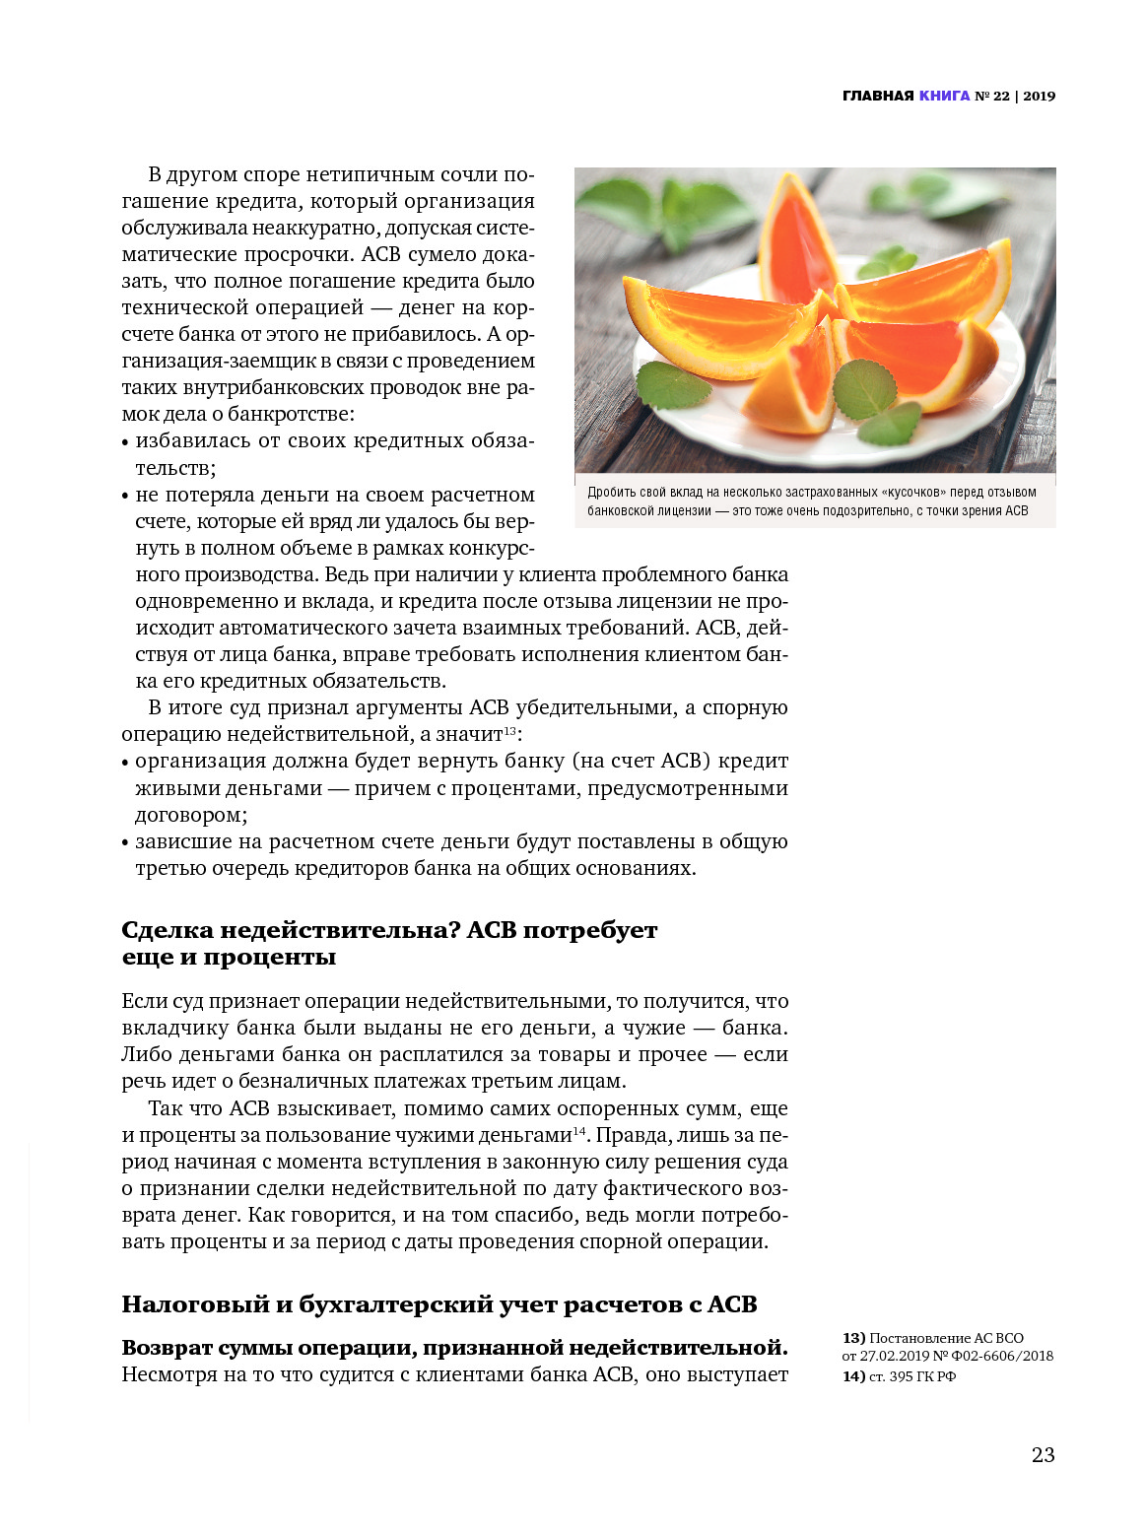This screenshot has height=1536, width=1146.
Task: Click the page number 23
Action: pyautogui.click(x=1043, y=1454)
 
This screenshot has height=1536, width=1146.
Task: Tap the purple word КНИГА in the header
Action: pyautogui.click(x=944, y=96)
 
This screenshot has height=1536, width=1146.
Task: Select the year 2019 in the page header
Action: pyautogui.click(x=1039, y=96)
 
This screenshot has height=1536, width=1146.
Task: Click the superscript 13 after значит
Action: pyautogui.click(x=510, y=730)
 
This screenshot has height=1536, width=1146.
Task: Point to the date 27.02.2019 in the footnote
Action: pyautogui.click(x=895, y=1356)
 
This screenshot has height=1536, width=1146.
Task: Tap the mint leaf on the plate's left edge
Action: pyautogui.click(x=674, y=383)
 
